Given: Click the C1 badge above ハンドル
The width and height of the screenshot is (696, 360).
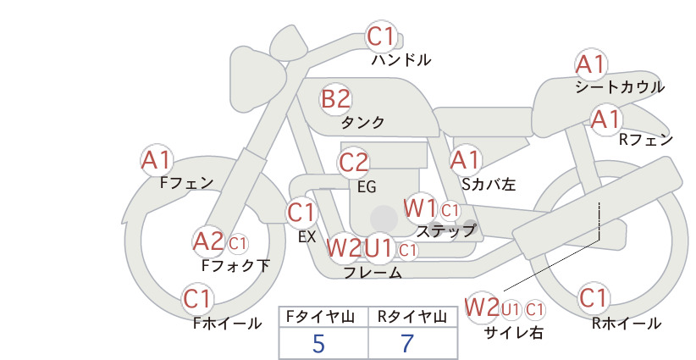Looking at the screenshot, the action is [381, 36].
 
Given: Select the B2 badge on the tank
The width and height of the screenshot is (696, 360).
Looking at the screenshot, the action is [335, 99].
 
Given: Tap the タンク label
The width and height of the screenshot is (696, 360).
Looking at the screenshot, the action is [362, 122].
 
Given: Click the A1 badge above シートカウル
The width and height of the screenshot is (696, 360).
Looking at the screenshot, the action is [590, 65].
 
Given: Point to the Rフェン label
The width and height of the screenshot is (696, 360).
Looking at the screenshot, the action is [646, 140].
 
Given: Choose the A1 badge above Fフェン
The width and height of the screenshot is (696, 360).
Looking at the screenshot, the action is [156, 160].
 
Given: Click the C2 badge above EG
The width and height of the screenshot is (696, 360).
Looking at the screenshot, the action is [353, 163].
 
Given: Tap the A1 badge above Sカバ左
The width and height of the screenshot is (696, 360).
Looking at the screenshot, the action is [465, 160].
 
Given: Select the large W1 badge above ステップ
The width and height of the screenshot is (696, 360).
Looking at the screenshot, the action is [419, 208].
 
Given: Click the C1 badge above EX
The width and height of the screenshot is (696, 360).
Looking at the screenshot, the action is [301, 213].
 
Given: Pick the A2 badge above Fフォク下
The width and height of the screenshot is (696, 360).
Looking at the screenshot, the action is [208, 242].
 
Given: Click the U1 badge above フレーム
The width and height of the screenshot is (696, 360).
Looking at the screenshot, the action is [378, 248].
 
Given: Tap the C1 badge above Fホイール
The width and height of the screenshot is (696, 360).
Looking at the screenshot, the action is [196, 299].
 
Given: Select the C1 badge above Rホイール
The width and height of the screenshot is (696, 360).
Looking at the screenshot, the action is [593, 298].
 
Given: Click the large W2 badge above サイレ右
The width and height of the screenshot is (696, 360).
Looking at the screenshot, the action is [482, 307].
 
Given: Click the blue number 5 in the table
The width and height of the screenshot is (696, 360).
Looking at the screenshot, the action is [318, 343].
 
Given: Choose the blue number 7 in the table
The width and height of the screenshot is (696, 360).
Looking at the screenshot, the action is [407, 343].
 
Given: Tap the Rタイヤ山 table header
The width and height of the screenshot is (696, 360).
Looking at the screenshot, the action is [412, 317].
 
